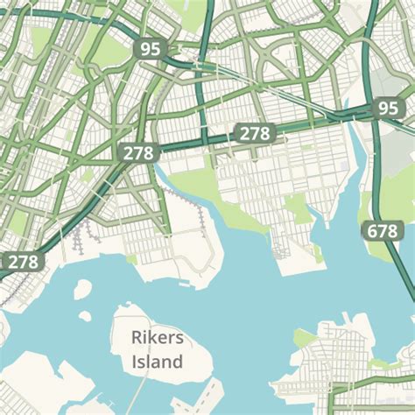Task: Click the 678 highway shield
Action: [381, 231]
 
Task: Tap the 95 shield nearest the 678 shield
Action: [387, 109]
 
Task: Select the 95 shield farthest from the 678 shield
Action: [151, 49]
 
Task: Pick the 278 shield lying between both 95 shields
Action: [254, 133]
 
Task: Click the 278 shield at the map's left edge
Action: [24, 261]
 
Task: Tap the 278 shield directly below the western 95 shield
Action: [137, 152]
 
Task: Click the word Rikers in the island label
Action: [158, 337]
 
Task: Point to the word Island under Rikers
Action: [158, 361]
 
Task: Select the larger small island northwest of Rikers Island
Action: [82, 289]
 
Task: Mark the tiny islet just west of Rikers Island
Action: [85, 316]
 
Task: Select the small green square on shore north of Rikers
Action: [131, 258]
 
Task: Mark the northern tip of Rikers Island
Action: [131, 306]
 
